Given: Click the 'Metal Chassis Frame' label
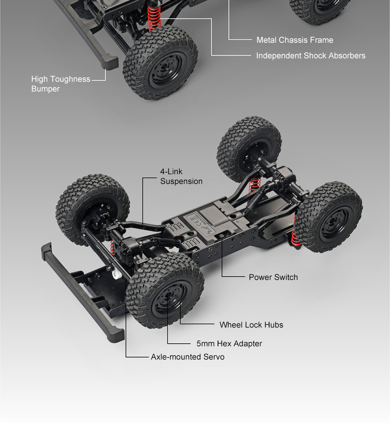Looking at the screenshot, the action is coord(295,40).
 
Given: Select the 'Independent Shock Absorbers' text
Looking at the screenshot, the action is coord(311,55).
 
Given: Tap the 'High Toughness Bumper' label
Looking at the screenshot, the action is coord(61,84).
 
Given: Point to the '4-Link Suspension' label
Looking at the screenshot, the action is coord(181,176).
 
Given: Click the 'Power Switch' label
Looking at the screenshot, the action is coord(273,277).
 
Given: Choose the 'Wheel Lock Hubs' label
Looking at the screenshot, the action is coord(252,325).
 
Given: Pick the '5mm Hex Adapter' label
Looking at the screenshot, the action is coord(229,344).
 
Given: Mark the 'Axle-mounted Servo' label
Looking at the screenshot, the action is coord(188,357).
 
